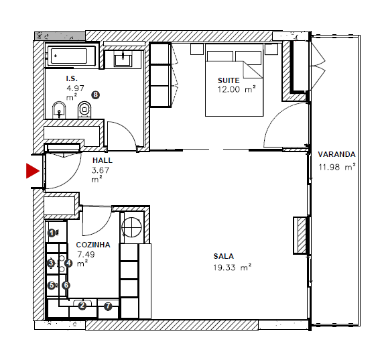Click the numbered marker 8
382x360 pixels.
[95, 95]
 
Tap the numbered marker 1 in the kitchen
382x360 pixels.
[52, 233]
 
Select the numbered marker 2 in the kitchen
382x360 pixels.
[82, 306]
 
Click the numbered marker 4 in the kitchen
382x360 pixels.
[69, 263]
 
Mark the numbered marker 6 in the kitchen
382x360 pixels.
[66, 285]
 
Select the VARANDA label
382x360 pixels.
[336, 152]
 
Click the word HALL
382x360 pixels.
[103, 161]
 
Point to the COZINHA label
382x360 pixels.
[93, 245]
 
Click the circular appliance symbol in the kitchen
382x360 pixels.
[132, 226]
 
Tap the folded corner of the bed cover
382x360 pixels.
[253, 69]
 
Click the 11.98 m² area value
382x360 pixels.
[336, 168]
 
